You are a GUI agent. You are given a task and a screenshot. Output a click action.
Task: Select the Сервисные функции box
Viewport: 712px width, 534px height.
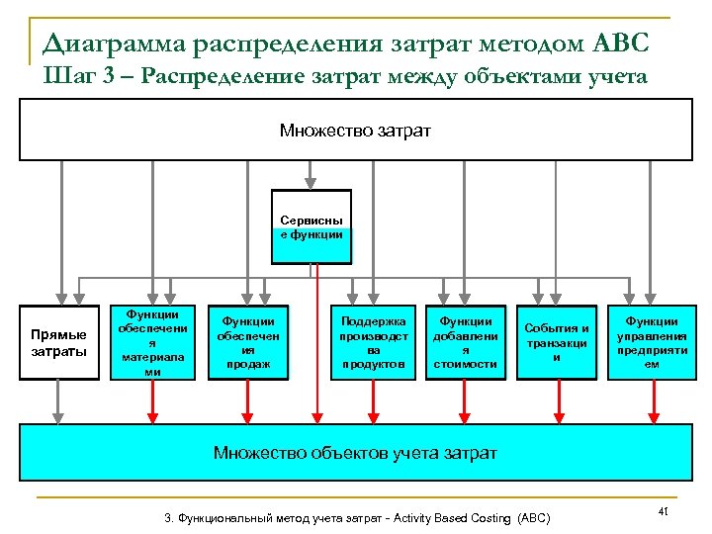point(311,226)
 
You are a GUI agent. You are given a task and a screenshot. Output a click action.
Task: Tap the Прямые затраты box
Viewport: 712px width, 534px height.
point(59,342)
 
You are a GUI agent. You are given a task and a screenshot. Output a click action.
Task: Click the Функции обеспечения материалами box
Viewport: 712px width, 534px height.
point(152,342)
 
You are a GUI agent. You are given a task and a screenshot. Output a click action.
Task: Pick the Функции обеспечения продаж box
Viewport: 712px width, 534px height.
point(248,342)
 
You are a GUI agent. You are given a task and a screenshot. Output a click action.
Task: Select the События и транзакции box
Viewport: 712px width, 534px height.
point(557,342)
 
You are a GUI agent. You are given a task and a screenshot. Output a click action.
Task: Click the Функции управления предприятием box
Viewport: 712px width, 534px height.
point(652,342)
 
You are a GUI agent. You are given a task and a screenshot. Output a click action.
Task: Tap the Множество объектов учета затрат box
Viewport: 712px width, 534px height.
point(356,453)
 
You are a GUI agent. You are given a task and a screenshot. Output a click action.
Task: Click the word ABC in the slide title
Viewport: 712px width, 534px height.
point(622,44)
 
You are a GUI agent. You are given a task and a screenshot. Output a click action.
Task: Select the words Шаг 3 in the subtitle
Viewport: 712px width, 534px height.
point(83,77)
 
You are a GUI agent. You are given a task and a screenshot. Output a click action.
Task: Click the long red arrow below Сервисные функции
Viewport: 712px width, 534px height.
point(316,336)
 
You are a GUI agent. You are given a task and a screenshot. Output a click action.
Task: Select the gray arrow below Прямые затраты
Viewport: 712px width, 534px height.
point(59,401)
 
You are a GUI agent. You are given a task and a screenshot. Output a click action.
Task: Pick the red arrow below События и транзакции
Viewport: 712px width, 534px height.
point(559,401)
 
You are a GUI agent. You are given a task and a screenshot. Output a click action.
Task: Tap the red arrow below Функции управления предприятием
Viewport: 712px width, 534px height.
point(653,401)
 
